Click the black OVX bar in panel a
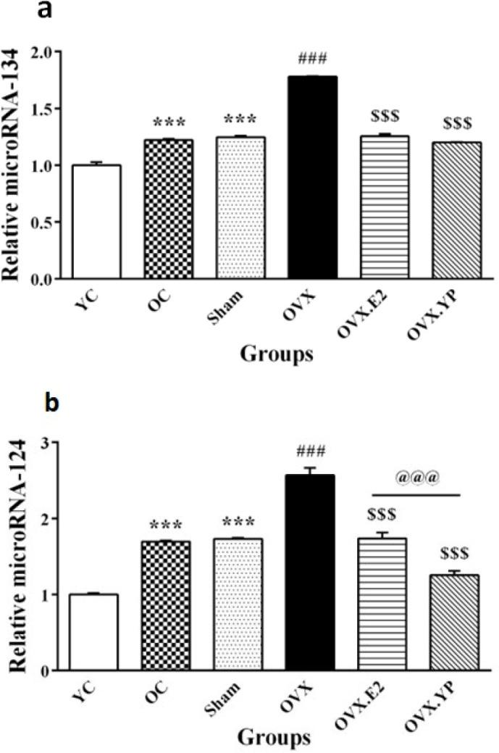coord(311,178)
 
